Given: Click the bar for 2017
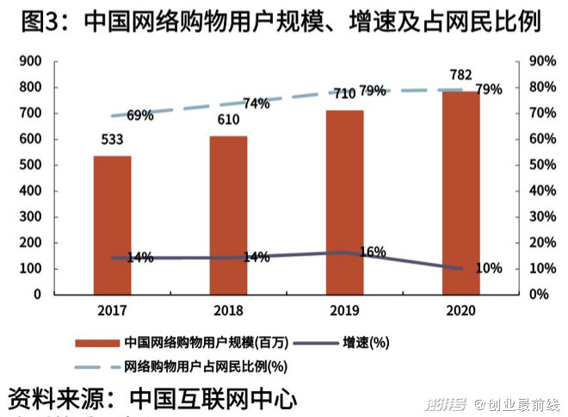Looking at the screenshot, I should click(x=112, y=225).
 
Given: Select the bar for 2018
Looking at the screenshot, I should click(x=228, y=215).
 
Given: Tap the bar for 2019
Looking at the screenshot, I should click(x=344, y=202).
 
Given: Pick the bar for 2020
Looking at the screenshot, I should click(x=460, y=192).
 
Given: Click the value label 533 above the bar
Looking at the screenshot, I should click(x=113, y=139).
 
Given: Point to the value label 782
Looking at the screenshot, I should click(x=460, y=74).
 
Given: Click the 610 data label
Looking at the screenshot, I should click(x=228, y=119).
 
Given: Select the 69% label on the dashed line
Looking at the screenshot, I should click(x=139, y=115).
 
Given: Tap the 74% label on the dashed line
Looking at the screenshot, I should click(x=256, y=104).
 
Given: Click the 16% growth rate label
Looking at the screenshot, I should click(x=372, y=252).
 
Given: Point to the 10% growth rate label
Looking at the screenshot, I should click(x=488, y=268).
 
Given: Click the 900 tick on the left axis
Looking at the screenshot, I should click(x=29, y=61).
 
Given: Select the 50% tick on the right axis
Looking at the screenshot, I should click(x=538, y=165).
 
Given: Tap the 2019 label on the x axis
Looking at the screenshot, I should click(x=344, y=308).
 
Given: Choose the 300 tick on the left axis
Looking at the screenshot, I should click(x=29, y=216).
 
